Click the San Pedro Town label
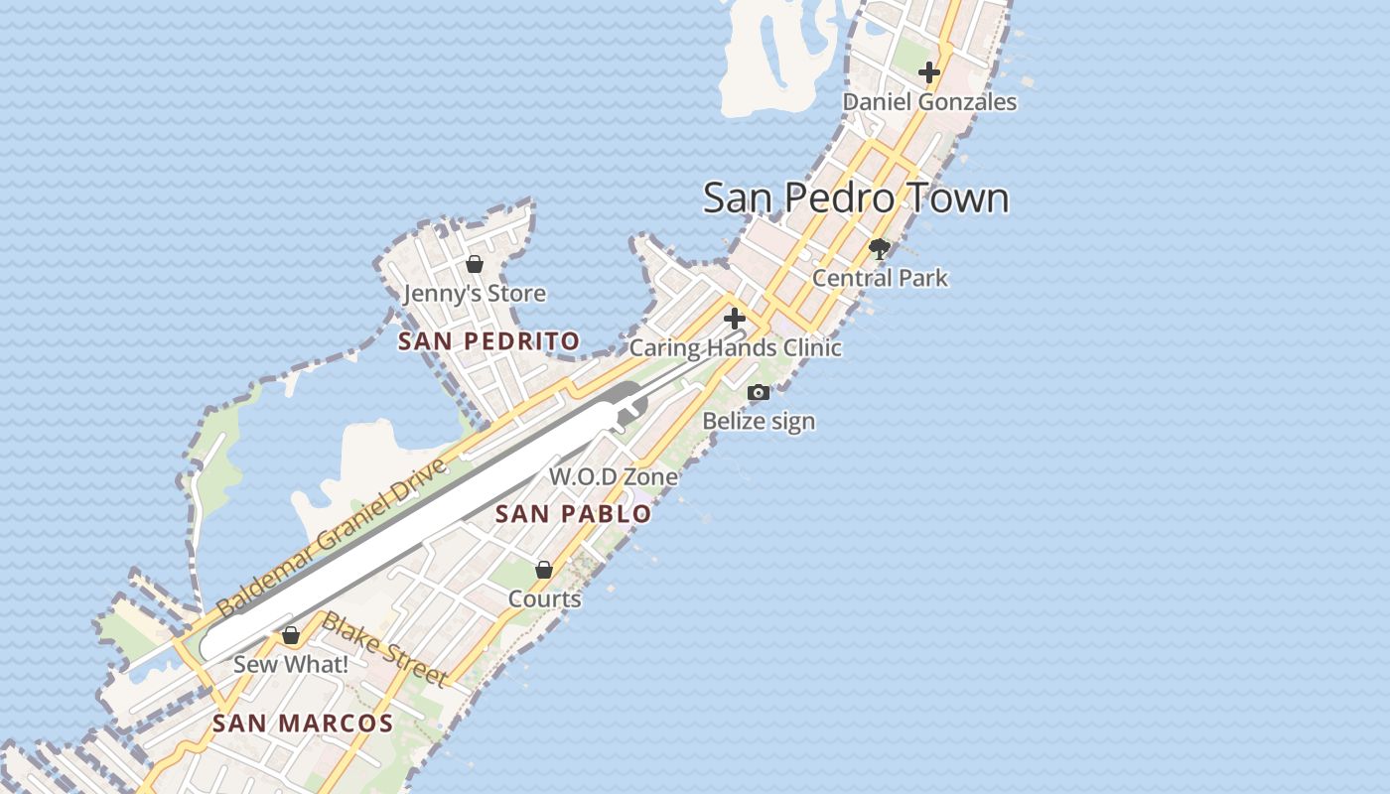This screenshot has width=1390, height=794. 856,198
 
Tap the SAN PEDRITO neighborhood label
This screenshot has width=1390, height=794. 488,341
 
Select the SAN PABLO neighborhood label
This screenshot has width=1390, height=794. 573,513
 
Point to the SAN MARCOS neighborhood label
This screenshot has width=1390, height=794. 303,724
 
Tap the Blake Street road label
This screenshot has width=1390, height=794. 384,650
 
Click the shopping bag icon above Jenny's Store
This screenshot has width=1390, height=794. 475,264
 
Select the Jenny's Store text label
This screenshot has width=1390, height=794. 475,294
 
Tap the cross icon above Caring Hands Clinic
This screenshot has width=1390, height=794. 735,319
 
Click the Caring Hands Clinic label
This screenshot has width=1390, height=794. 736,348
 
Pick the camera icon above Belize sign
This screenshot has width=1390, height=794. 759,392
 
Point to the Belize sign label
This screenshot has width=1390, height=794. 759,421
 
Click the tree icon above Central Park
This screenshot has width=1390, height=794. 880,248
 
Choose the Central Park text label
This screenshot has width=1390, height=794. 880,278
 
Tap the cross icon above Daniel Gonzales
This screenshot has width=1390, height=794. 929,72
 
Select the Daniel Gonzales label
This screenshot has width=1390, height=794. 929,102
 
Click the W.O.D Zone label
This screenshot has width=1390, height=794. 614,476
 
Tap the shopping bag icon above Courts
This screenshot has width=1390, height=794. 544,570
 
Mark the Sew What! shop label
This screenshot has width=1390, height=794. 291,664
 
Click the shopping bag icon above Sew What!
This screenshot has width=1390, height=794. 291,635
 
